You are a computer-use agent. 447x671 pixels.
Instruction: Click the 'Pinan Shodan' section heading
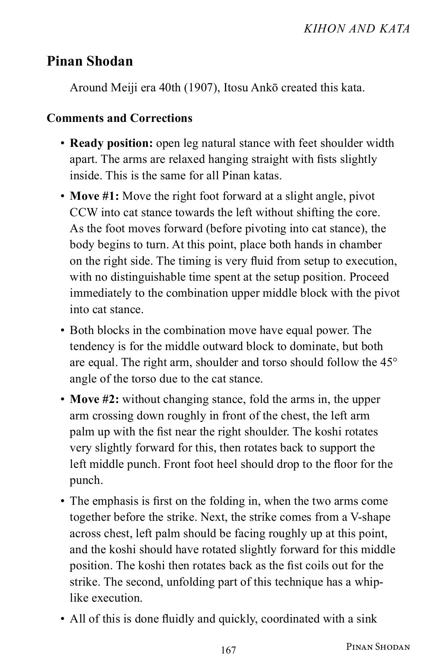pyautogui.click(x=90, y=61)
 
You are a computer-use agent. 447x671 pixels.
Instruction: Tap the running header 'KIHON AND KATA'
pyautogui.click(x=357, y=29)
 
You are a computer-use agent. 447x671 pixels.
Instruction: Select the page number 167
pyautogui.click(x=228, y=650)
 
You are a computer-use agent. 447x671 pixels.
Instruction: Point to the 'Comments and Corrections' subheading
pyautogui.click(x=120, y=118)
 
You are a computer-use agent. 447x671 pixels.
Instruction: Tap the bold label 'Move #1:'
pyautogui.click(x=94, y=196)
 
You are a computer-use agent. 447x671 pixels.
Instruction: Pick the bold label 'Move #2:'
pyautogui.click(x=94, y=399)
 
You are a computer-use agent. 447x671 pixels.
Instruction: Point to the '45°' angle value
pyautogui.click(x=389, y=362)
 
